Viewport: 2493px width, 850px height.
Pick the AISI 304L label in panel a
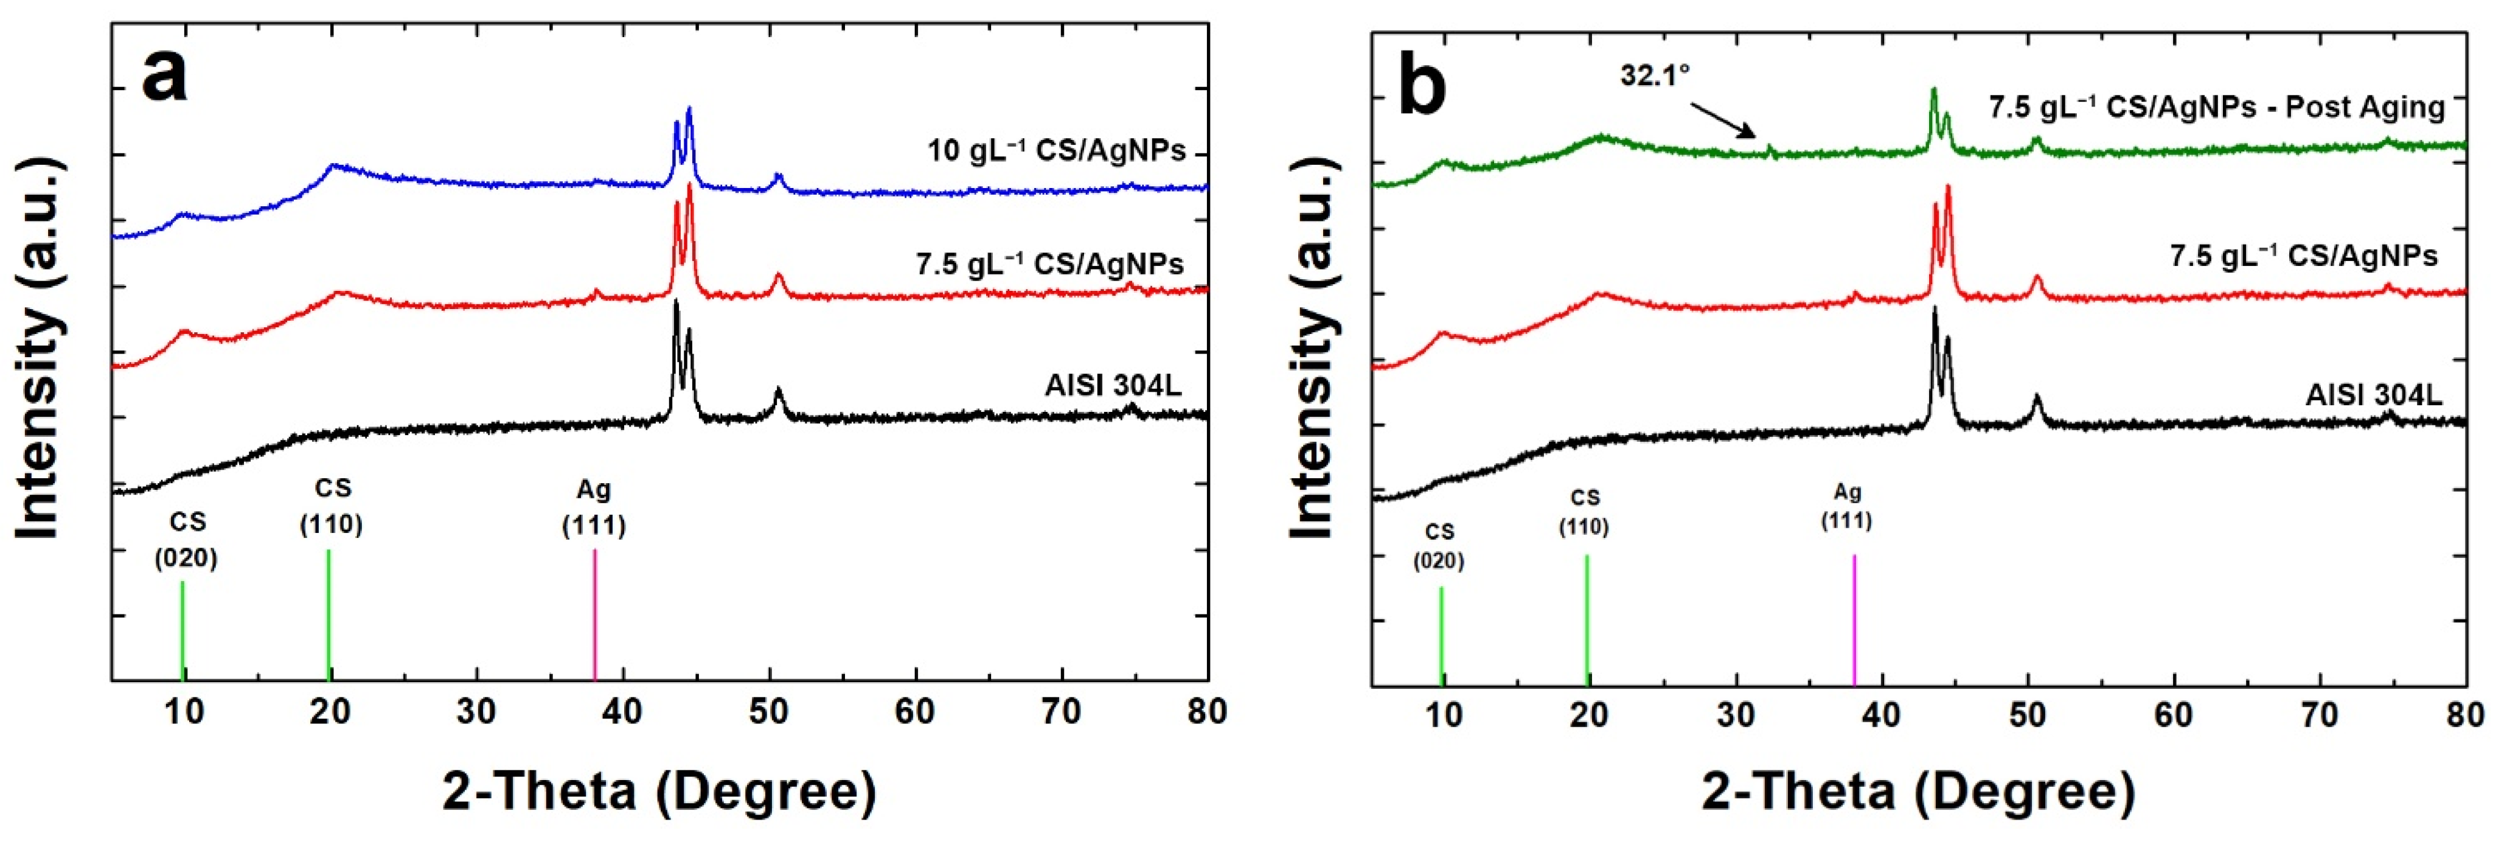point(1113,385)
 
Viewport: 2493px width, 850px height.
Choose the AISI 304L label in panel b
point(2373,395)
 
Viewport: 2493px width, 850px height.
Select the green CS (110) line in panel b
point(1587,619)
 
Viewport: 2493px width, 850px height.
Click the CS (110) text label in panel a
point(331,506)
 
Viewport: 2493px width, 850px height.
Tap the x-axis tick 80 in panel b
point(2464,716)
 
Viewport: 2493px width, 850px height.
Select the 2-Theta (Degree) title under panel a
point(659,791)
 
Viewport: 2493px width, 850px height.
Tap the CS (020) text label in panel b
point(1439,546)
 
